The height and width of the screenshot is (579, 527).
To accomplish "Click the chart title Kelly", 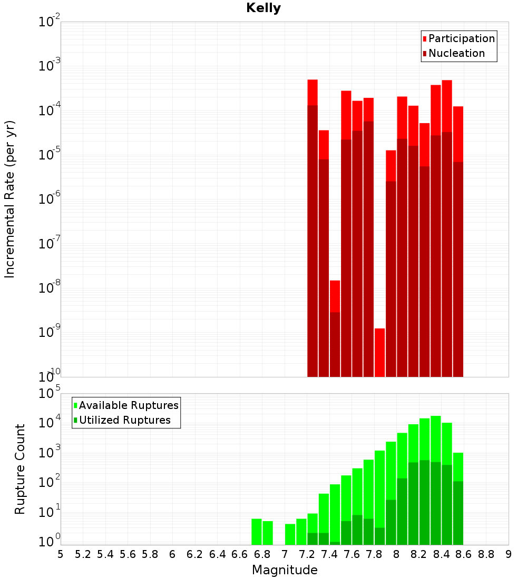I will click(x=263, y=8).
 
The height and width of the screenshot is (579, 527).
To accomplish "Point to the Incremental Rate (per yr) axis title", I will click(x=10, y=199).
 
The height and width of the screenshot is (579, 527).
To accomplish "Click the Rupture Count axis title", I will click(x=20, y=469).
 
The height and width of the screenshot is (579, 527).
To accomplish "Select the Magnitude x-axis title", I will click(x=285, y=570).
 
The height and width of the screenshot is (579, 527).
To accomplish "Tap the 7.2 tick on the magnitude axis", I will click(x=307, y=554).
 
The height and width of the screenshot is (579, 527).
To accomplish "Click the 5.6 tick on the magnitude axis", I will click(x=128, y=554).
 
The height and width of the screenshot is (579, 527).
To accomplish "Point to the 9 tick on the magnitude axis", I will click(x=509, y=554).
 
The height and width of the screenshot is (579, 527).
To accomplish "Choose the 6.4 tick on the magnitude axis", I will click(x=217, y=554).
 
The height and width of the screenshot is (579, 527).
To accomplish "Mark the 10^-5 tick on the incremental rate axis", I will click(x=50, y=155).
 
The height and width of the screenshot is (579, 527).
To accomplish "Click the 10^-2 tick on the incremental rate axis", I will click(x=50, y=22).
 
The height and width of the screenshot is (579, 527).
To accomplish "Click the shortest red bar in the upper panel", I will click(x=379, y=353).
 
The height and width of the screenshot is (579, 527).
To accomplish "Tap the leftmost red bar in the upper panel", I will click(x=313, y=226).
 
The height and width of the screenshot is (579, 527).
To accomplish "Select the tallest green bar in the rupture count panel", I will click(x=436, y=479).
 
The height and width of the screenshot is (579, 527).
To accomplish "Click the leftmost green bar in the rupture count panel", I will click(x=257, y=532).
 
